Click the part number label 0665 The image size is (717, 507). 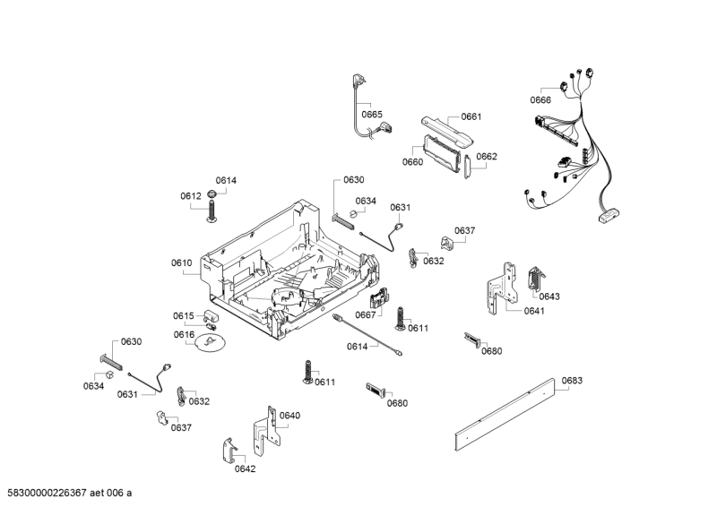[x=372, y=115]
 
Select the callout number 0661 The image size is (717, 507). [x=471, y=116]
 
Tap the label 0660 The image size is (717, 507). [x=412, y=162]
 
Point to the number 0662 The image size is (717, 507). [x=487, y=156]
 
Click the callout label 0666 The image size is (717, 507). [x=540, y=99]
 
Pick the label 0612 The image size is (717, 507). [x=190, y=196]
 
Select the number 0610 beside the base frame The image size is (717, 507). [x=182, y=262]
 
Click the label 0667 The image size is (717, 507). [x=365, y=314]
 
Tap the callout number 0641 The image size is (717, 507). [x=534, y=311]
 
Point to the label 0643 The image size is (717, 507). [x=549, y=296]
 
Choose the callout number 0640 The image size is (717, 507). [x=289, y=415]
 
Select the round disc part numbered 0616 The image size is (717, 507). [x=211, y=344]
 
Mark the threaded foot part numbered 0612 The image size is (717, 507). [x=214, y=209]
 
